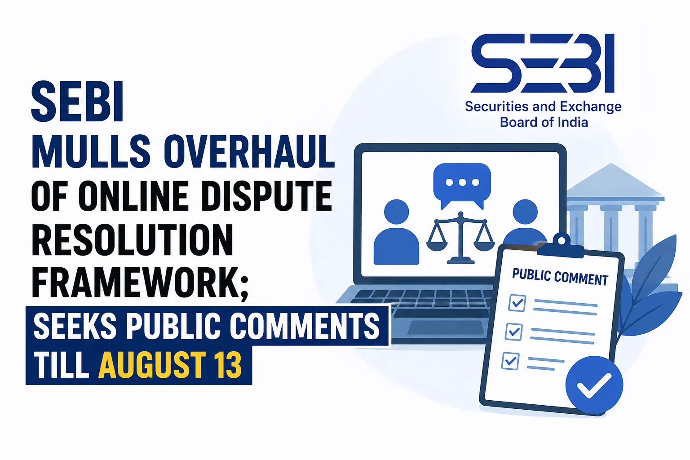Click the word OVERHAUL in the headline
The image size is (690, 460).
coord(249,151)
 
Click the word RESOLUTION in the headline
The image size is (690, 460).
coord(133,239)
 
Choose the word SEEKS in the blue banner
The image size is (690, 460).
coord(75,326)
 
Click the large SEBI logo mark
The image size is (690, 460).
coord(543,63)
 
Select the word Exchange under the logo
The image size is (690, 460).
coord(591,106)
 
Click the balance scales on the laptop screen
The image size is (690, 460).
coord(460,238)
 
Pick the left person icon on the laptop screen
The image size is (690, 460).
coord(397,232)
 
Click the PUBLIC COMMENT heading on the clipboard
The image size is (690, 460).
coord(560,277)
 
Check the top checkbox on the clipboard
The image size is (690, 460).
coord(517,303)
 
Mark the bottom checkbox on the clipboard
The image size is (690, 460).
coord(510,361)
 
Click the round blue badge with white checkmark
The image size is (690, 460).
coord(594,385)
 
